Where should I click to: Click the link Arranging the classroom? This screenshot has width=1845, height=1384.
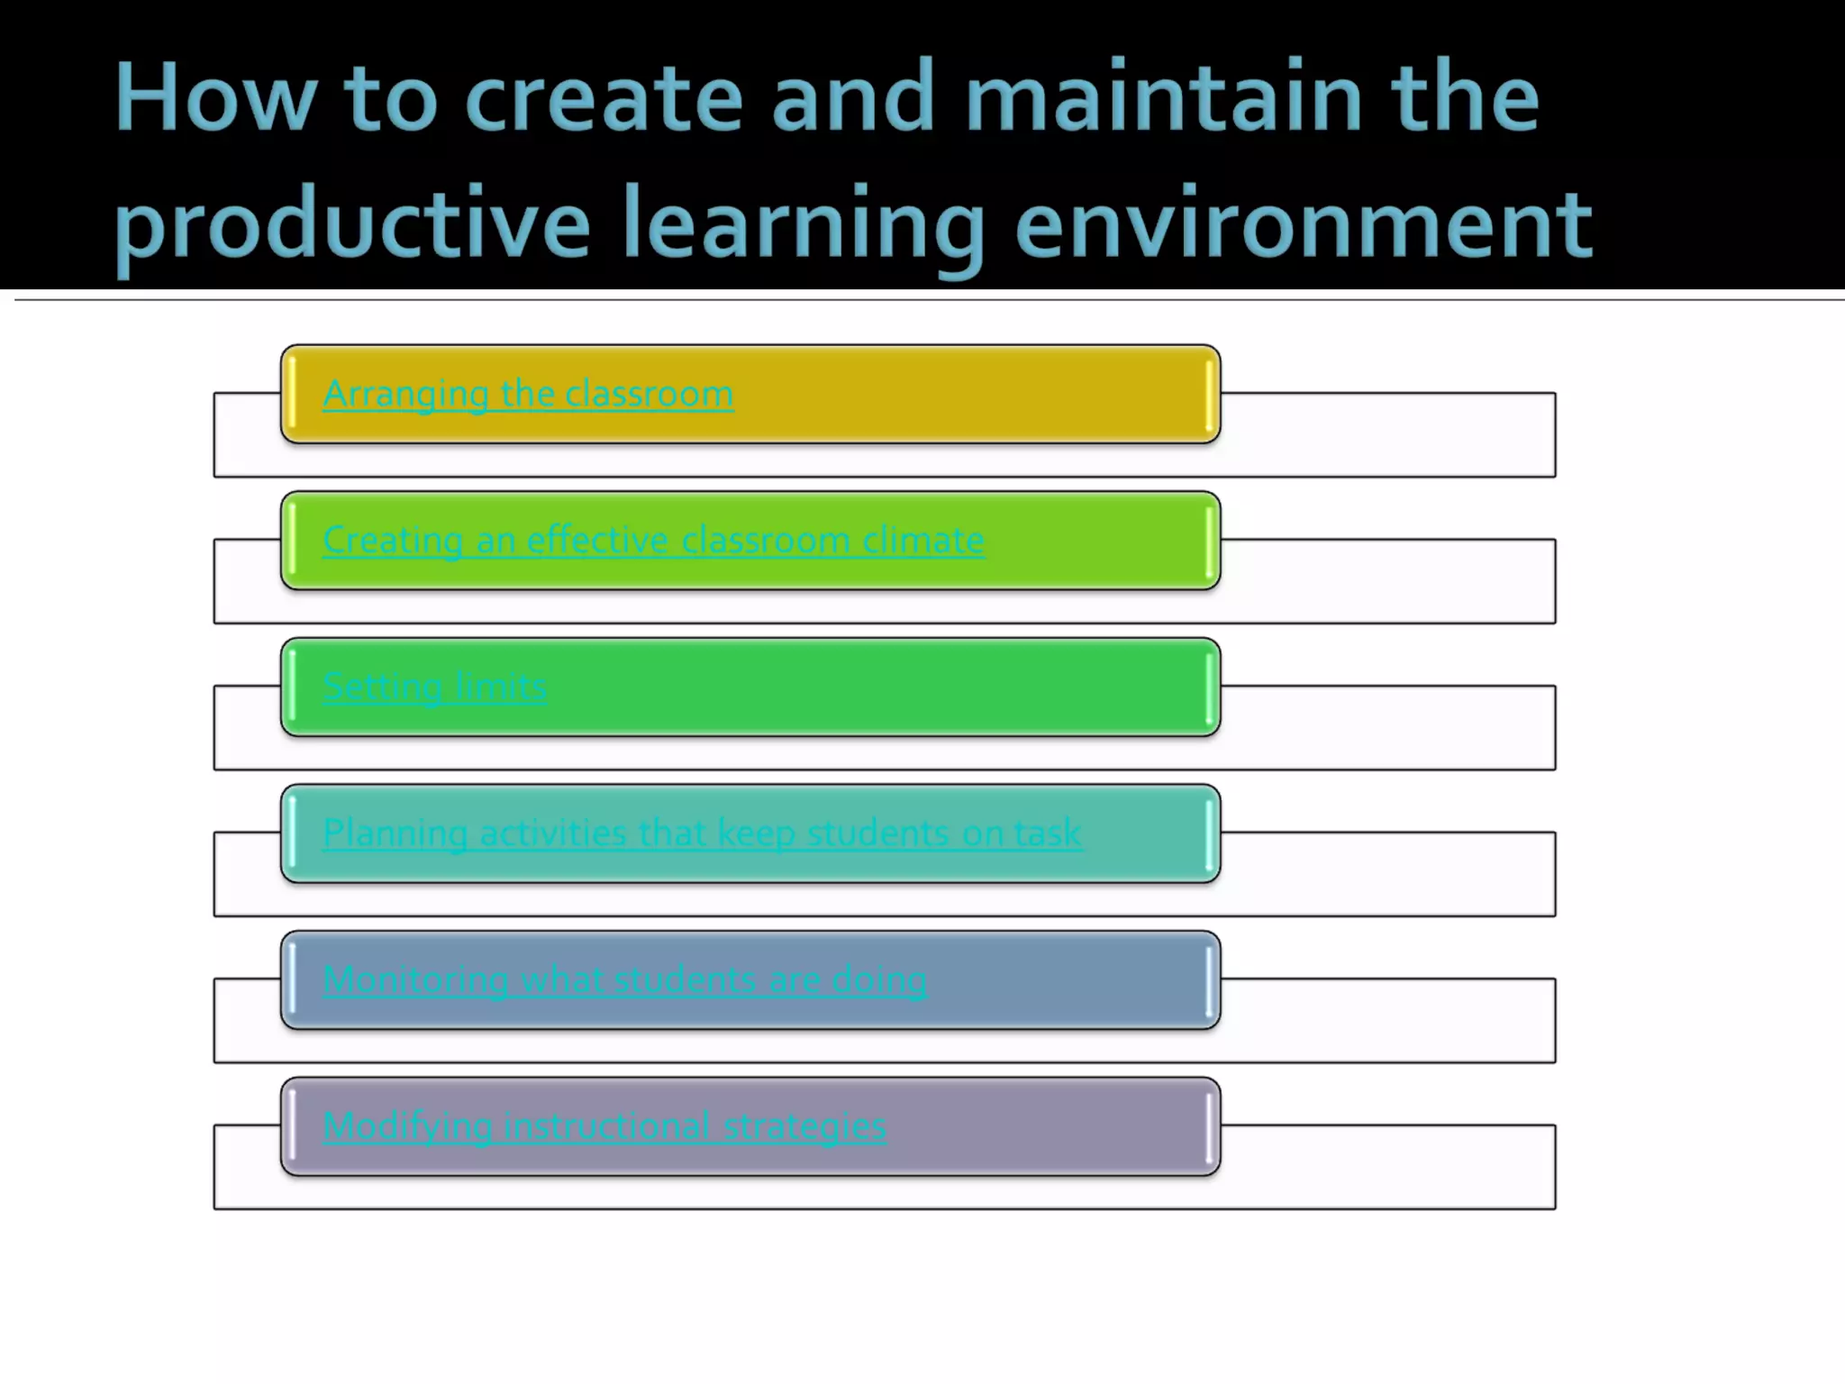528,395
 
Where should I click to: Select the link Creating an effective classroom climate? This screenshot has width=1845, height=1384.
653,541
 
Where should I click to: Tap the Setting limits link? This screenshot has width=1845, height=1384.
434,687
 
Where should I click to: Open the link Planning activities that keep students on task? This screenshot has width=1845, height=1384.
702,833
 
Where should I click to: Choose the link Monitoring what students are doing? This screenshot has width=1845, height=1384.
624,980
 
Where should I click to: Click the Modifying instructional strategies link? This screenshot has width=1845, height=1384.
604,1126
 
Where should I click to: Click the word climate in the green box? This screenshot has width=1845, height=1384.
922,541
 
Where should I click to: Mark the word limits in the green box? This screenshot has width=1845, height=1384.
500,687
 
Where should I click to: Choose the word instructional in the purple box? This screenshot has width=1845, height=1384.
606,1126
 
